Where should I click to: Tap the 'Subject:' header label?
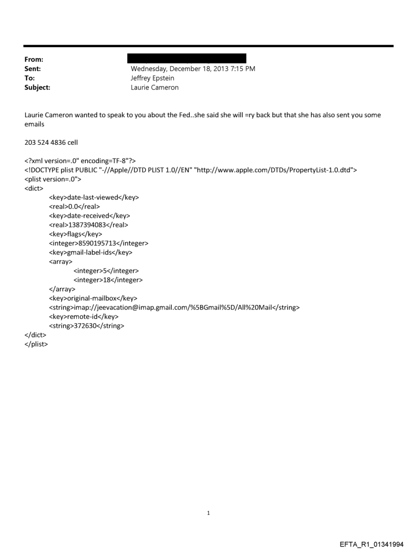click(37, 87)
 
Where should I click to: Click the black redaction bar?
click(189, 58)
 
